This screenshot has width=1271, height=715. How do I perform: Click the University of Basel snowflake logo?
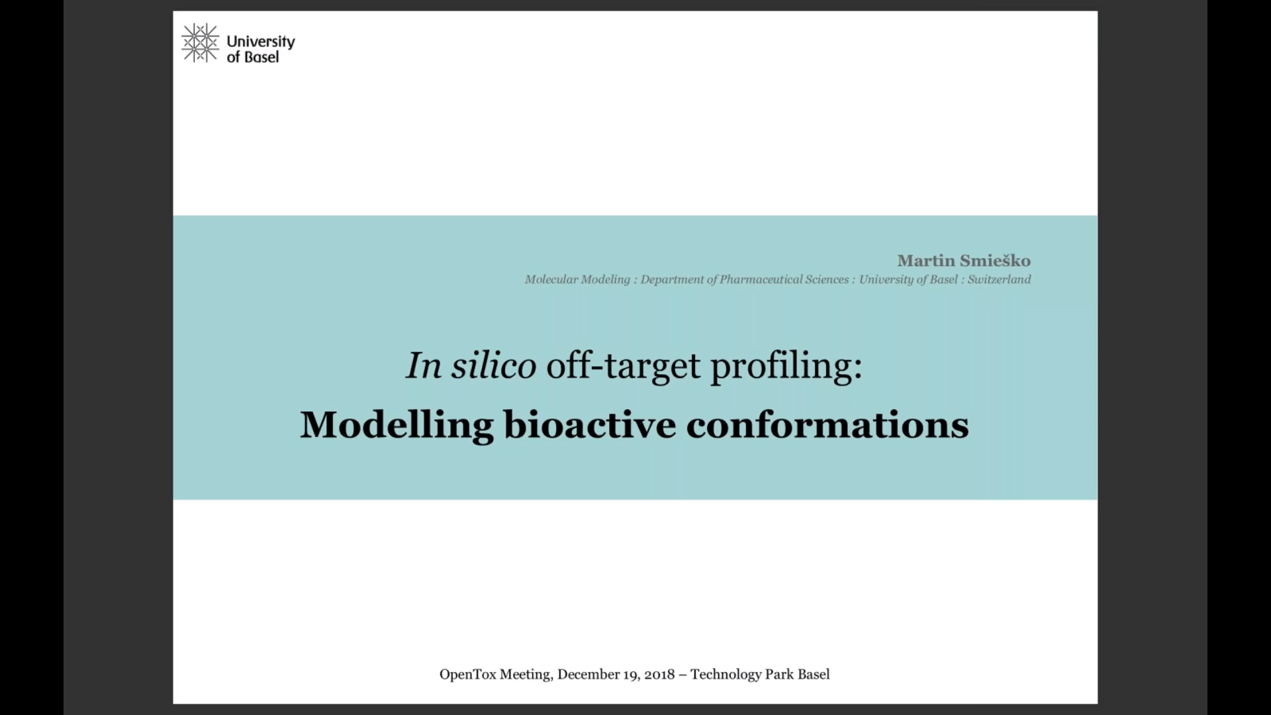coord(200,44)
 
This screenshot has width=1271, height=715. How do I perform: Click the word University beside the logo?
coord(261,42)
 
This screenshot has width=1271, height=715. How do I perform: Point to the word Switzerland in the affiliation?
coord(999,279)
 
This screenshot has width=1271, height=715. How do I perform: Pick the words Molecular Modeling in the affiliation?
coord(577,279)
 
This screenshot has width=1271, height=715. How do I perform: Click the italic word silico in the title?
coord(494,365)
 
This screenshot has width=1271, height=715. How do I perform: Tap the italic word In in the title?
coord(424,365)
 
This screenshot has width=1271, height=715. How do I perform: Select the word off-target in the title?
coord(623,366)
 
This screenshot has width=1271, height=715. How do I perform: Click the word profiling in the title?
coord(783,366)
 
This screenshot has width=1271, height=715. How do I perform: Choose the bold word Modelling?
coord(397,424)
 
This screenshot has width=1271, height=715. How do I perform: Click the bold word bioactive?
coord(590,424)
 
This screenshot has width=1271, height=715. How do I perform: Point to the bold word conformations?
coord(827,424)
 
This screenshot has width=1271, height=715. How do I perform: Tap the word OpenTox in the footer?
coord(467,675)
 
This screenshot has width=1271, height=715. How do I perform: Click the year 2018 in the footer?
coord(659,675)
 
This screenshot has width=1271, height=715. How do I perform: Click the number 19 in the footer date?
coord(630,675)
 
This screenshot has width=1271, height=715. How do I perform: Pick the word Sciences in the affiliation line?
coord(827,279)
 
